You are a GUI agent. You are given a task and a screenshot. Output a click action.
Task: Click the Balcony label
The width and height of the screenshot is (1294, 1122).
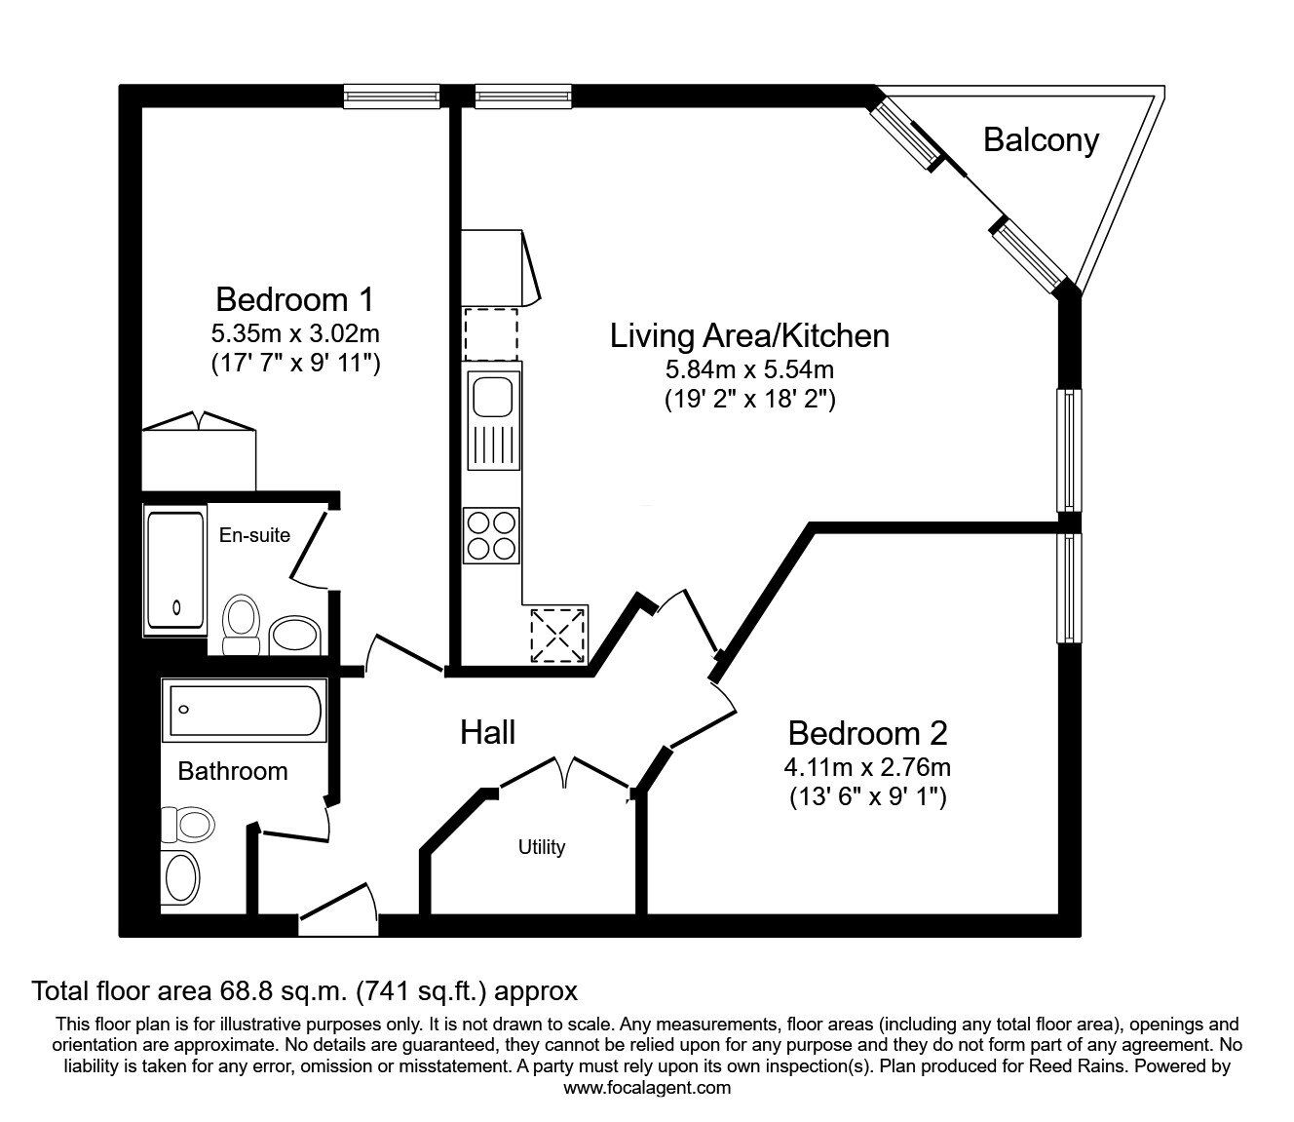click(1041, 140)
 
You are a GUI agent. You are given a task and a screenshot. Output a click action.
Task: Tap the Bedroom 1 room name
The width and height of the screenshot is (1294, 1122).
click(294, 298)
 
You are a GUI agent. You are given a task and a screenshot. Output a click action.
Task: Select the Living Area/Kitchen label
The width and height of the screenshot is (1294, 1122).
click(749, 336)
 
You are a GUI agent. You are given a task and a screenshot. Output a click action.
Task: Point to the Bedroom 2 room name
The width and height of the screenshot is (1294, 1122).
click(867, 733)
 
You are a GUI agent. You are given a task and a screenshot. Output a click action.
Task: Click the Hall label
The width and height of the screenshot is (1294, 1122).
click(487, 732)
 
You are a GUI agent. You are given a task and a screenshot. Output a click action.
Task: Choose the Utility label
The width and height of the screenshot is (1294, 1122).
click(541, 847)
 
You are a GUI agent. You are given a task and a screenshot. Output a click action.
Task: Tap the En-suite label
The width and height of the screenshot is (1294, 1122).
click(254, 534)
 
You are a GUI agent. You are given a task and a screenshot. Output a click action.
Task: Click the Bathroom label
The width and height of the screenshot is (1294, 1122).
click(233, 771)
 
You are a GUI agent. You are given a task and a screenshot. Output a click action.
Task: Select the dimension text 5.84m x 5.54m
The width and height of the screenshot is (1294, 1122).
click(749, 369)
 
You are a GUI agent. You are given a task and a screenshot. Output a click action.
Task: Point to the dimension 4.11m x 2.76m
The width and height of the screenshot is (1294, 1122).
click(867, 766)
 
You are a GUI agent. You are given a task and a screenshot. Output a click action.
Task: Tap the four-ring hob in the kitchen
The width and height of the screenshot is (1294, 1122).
click(491, 535)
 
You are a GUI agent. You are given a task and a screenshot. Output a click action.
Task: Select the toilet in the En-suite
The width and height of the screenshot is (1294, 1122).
click(240, 625)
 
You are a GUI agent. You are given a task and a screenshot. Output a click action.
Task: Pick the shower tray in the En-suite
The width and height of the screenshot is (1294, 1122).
click(175, 570)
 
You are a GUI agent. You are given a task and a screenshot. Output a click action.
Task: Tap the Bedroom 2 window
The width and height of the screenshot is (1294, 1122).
click(1070, 587)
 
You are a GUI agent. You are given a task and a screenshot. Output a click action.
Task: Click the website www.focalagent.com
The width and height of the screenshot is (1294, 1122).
click(647, 1087)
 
